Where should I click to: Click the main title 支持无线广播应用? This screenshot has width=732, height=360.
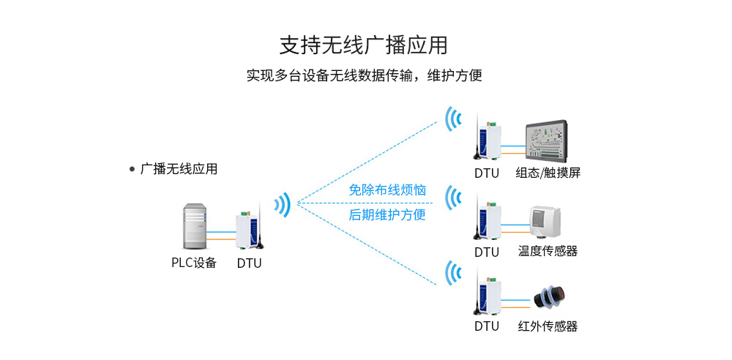pos(364,45)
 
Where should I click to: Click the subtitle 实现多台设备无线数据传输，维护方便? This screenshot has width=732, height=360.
pos(364,75)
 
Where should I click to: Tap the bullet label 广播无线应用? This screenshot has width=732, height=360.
pos(178,169)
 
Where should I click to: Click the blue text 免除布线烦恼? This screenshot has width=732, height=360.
pos(387,190)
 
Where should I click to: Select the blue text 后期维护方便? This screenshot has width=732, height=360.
pos(387,215)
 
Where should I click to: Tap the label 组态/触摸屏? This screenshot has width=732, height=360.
pos(548,173)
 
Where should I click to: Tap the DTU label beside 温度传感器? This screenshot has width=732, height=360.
pos(486,252)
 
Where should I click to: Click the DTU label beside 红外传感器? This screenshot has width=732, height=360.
pos(486,326)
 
